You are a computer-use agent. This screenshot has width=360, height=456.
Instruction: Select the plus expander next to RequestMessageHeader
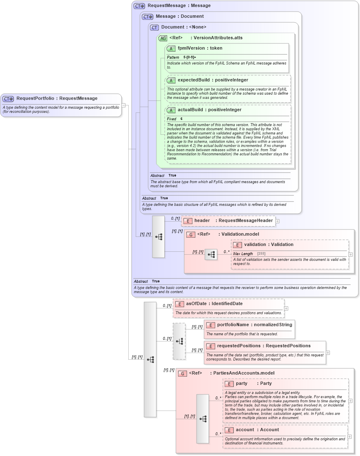pyautogui.click(x=277, y=221)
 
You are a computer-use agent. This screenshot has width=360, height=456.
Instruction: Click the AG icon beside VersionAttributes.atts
pyautogui.click(x=163, y=38)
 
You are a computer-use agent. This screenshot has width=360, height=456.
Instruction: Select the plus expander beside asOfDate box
pyautogui.click(x=286, y=308)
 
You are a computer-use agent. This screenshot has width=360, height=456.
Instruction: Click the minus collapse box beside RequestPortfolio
pyautogui.click(x=123, y=105)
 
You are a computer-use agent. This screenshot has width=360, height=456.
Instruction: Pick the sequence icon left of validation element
pyautogui.click(x=211, y=254)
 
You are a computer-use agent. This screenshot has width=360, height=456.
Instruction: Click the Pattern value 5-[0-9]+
pyautogui.click(x=190, y=57)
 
